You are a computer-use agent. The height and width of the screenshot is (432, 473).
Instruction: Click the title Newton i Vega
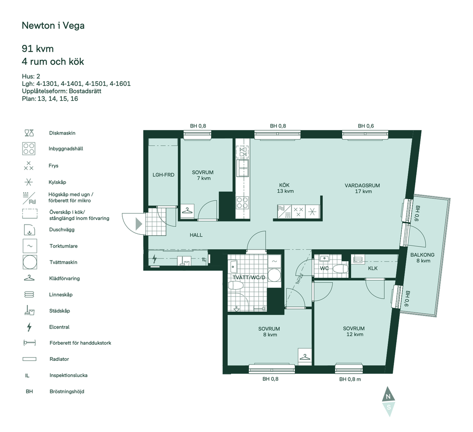53,25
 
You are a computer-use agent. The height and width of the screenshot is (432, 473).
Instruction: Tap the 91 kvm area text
38,49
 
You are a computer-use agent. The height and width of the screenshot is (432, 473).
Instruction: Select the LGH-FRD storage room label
163,175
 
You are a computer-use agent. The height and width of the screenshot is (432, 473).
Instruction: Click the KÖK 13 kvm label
285,188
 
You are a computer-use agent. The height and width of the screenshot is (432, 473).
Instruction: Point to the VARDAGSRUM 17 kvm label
362,188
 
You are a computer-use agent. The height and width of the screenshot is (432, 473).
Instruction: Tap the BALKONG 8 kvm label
422,258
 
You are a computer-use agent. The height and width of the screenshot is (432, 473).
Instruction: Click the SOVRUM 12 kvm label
354,331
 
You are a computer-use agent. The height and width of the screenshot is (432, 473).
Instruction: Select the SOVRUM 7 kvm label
203,175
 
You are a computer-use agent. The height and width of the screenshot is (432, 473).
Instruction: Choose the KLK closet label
373,268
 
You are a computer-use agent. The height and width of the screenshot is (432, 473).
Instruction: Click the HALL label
196,235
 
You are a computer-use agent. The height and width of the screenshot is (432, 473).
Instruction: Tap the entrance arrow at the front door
139,224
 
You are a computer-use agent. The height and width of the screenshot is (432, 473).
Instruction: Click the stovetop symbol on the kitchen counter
242,202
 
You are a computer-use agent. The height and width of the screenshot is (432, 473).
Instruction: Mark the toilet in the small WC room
340,268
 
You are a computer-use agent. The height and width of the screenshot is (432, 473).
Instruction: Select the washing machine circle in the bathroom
274,275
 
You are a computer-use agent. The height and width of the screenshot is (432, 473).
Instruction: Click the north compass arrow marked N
388,394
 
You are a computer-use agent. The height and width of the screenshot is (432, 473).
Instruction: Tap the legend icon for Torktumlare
30,246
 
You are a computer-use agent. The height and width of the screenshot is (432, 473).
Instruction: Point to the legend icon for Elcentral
29,327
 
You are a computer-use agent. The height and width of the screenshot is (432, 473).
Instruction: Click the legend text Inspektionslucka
68,375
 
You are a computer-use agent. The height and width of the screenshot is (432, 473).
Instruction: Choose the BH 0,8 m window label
350,379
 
